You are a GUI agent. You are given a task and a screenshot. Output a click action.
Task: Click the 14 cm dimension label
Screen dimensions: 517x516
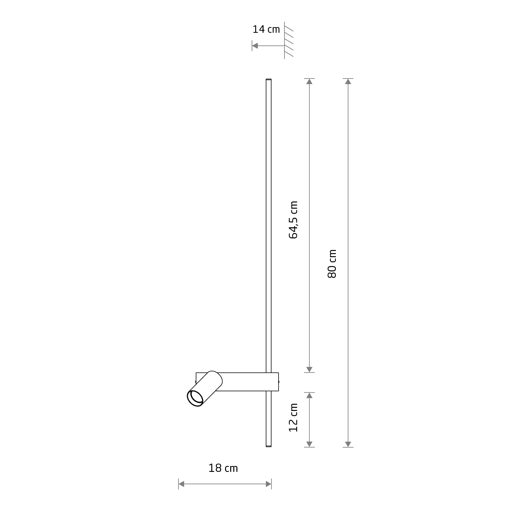(266, 29)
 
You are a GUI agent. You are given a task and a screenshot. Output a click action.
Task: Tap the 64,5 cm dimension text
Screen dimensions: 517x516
(293, 220)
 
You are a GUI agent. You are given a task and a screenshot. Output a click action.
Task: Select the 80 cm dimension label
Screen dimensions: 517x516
(332, 264)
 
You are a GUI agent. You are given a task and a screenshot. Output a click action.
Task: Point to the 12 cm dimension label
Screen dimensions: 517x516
(293, 418)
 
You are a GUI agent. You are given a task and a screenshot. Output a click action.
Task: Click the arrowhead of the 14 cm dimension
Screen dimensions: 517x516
(255, 46)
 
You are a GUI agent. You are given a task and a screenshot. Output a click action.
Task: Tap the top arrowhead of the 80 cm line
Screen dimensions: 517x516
(348, 82)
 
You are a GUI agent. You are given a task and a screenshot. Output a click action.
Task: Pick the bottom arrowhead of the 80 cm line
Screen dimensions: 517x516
(348, 444)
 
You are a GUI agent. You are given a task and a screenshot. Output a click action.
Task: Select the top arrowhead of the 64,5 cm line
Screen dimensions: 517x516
(309, 82)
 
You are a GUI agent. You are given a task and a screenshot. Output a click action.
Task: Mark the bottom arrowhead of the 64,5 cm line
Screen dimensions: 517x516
(309, 369)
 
